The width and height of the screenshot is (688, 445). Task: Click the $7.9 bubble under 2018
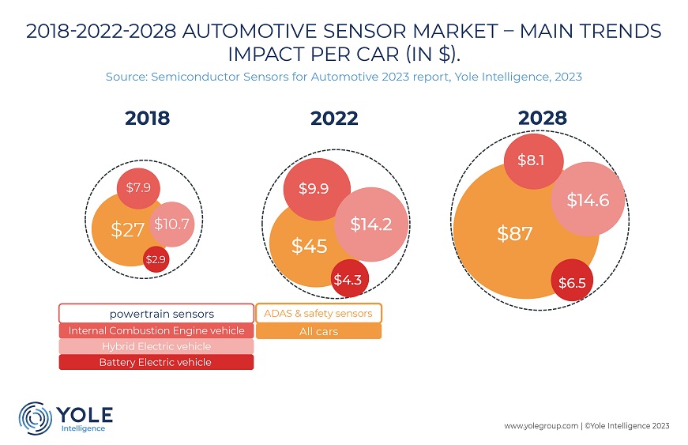[x=138, y=188]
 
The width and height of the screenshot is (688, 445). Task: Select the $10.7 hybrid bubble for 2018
[x=171, y=224]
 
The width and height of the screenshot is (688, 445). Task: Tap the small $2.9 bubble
[x=156, y=259]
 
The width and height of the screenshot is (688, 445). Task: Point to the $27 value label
[x=128, y=230]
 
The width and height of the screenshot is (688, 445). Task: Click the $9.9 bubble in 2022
[x=317, y=189]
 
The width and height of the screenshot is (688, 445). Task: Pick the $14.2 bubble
[x=371, y=224]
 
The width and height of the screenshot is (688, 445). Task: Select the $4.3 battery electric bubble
[x=349, y=279]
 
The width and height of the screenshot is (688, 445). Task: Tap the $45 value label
[x=310, y=246]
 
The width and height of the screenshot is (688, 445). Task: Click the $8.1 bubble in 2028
[x=533, y=160]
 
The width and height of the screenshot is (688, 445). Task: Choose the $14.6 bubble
[x=588, y=200]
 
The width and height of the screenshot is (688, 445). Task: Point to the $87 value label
[x=515, y=233]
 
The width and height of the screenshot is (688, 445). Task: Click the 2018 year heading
[x=148, y=119]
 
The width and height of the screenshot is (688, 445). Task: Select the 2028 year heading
[x=543, y=118]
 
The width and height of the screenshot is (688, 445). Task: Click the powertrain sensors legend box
[x=156, y=313]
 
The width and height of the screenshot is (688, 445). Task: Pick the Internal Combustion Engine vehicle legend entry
[x=156, y=330]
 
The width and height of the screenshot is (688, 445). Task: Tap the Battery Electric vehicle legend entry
[x=156, y=362]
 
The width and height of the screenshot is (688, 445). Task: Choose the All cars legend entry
[x=318, y=331]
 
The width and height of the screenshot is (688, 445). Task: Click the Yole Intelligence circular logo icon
[x=35, y=418]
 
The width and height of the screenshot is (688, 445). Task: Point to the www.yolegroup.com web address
[x=541, y=426]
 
